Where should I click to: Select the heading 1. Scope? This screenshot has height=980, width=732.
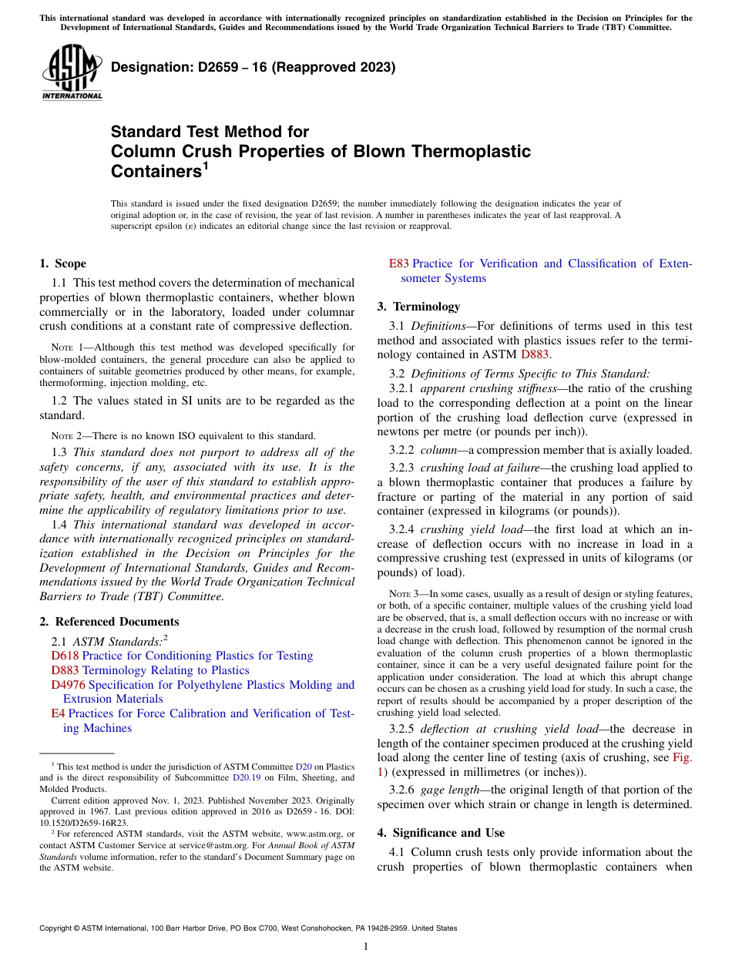(x=63, y=263)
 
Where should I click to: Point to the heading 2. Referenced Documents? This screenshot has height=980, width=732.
(x=109, y=622)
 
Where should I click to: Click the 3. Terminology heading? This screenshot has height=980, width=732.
(x=418, y=307)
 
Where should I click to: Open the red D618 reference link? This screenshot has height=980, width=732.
(x=65, y=656)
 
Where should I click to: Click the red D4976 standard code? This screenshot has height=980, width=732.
(x=68, y=685)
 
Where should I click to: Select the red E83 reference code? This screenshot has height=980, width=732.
(x=399, y=263)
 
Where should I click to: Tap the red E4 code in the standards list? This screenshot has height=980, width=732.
(x=58, y=713)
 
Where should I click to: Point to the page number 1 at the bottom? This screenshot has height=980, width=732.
(x=366, y=947)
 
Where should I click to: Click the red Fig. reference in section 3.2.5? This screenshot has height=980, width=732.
(x=682, y=757)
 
